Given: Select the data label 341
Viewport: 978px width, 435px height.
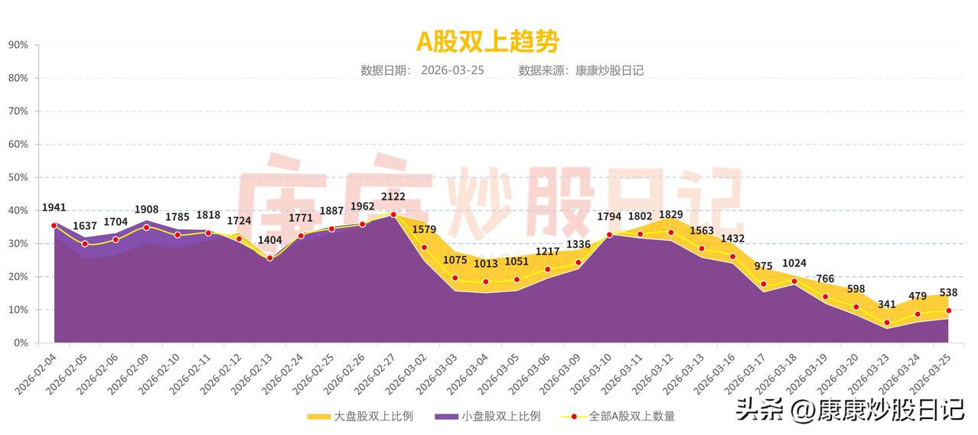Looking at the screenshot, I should click(x=887, y=304).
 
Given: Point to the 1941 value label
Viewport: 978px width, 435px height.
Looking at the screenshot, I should click(x=54, y=207).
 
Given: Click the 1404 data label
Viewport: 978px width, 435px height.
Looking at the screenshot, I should click(x=269, y=240).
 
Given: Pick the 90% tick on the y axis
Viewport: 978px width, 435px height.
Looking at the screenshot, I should click(x=18, y=45).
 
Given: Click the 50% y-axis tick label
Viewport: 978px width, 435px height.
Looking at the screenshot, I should click(x=18, y=177).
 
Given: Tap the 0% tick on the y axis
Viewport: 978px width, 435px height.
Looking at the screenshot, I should click(x=21, y=343).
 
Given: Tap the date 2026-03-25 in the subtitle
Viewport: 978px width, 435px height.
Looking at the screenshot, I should click(x=452, y=70).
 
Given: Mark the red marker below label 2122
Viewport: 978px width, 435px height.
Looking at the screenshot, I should click(x=393, y=215).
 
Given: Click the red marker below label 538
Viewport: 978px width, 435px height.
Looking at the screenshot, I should click(x=949, y=310).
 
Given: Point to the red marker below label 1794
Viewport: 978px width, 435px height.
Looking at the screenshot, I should click(x=609, y=235).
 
